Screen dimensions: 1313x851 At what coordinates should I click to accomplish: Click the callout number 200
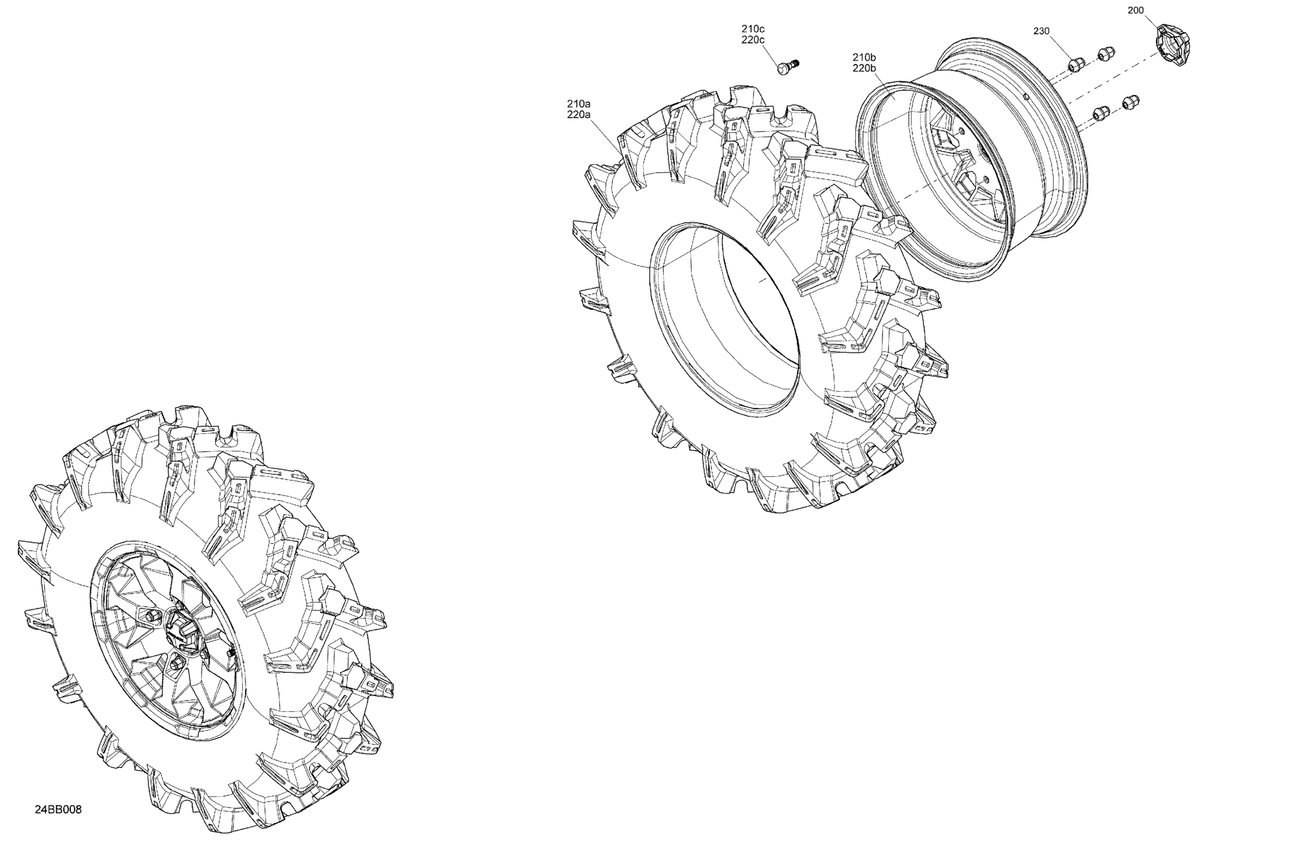(1135, 11)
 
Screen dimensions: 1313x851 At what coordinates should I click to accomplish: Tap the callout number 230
(1041, 32)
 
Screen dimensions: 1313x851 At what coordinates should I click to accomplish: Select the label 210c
(753, 29)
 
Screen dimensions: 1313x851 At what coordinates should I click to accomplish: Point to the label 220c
(753, 40)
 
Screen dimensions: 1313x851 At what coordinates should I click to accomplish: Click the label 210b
(864, 58)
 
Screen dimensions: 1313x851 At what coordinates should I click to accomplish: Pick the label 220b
(864, 69)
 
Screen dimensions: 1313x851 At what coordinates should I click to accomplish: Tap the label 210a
(579, 104)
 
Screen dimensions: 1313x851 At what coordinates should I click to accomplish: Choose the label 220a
(579, 115)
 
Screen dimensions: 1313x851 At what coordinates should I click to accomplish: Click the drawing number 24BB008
(58, 809)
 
